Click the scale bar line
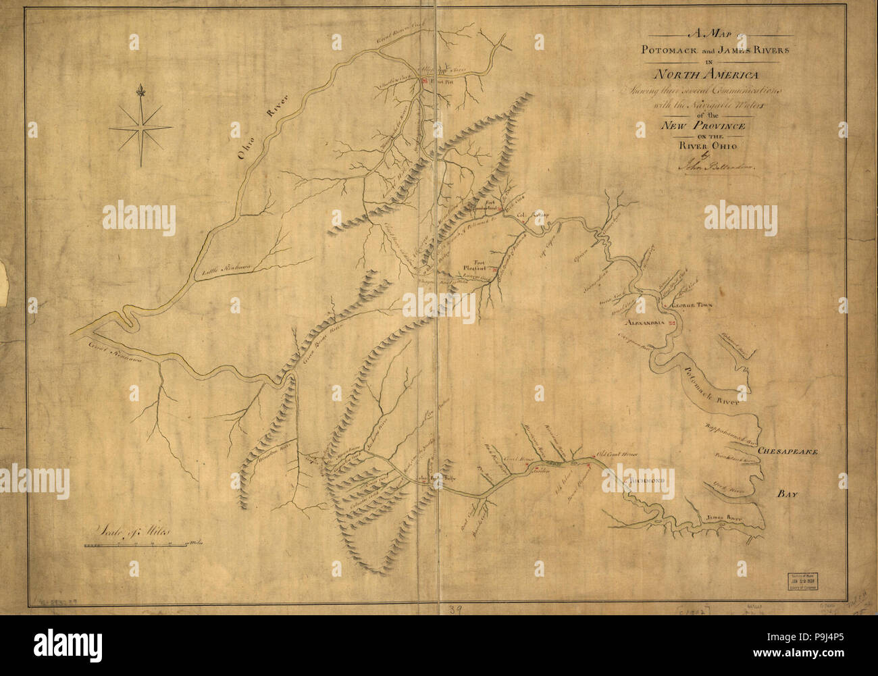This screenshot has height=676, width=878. pyautogui.click(x=135, y=544)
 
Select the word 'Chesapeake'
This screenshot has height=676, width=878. pyautogui.click(x=787, y=451)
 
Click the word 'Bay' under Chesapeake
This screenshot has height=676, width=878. pyautogui.click(x=787, y=495)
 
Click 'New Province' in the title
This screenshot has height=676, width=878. pyautogui.click(x=702, y=126)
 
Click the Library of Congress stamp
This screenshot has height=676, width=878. pyautogui.click(x=801, y=580)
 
